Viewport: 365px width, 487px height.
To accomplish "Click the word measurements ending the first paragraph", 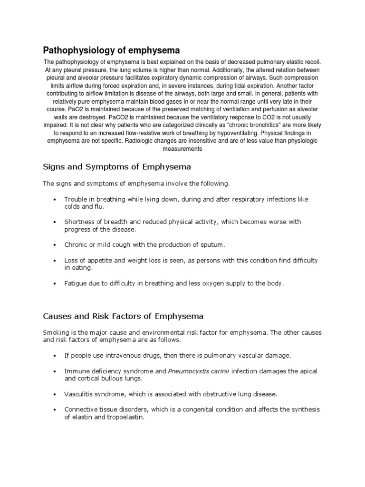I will [x=182, y=149].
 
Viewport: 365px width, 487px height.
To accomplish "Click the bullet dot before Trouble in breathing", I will [x=56, y=199].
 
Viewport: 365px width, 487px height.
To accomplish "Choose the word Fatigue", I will [x=76, y=283].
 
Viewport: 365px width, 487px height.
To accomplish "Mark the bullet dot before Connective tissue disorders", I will [x=56, y=409].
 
